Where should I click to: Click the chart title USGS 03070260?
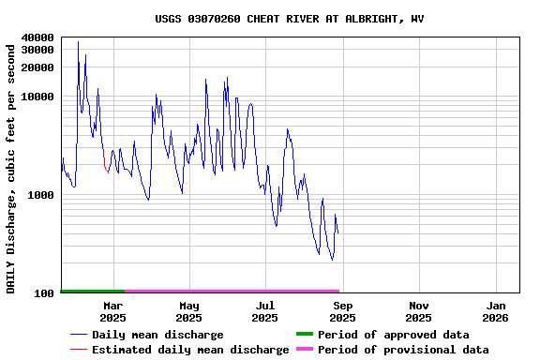tap(289, 18)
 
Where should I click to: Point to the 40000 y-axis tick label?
tap(37, 37)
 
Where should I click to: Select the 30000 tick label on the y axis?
tap(37, 50)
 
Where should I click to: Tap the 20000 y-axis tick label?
tap(37, 67)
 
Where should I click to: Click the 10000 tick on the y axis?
tap(37, 97)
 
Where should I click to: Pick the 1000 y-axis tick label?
tap(40, 195)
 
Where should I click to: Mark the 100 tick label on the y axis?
tap(43, 293)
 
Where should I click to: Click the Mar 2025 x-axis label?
tap(112, 311)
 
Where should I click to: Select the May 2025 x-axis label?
tap(189, 311)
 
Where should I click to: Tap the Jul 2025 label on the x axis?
tap(265, 311)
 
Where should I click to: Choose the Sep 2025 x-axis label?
tap(342, 311)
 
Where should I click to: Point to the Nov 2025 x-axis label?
tap(419, 311)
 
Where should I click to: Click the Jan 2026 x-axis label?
tap(496, 311)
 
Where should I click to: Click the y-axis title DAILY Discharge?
tap(11, 167)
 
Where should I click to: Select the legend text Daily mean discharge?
tap(157, 335)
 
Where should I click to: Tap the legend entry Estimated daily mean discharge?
tap(190, 350)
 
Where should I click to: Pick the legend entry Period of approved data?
tap(393, 335)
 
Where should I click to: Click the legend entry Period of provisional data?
tap(403, 350)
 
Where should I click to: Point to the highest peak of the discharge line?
tap(78, 42)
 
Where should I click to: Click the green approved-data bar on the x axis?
tap(92, 292)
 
